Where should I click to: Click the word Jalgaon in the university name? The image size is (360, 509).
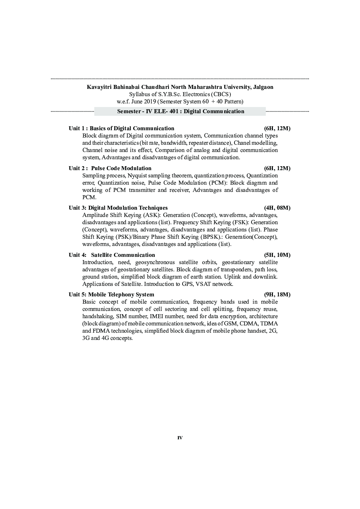262,87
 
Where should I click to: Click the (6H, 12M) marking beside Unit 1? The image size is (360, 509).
277,128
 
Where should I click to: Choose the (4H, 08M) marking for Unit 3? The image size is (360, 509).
277,208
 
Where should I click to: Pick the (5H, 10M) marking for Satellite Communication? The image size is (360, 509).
277,255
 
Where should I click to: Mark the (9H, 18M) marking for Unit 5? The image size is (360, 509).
277,295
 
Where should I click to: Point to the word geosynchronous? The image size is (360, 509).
155,262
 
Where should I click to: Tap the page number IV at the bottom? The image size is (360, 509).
180,438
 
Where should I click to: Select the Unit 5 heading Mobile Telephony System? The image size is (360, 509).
121,295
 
